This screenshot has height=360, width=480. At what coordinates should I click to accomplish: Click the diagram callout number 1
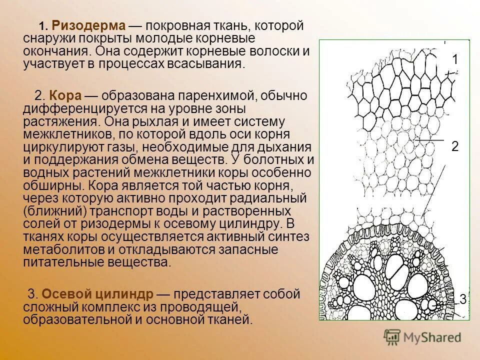click(x=455, y=59)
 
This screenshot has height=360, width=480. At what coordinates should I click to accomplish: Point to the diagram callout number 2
click(x=455, y=146)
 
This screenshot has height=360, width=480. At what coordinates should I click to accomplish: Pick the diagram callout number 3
click(x=462, y=299)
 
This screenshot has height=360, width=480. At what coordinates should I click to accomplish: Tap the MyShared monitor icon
click(x=392, y=336)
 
